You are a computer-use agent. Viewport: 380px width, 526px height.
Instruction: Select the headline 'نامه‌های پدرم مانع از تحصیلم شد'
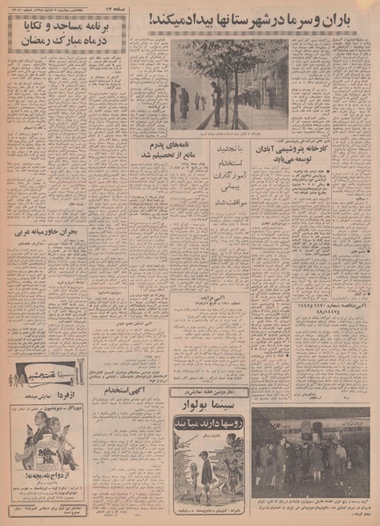click(158, 149)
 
